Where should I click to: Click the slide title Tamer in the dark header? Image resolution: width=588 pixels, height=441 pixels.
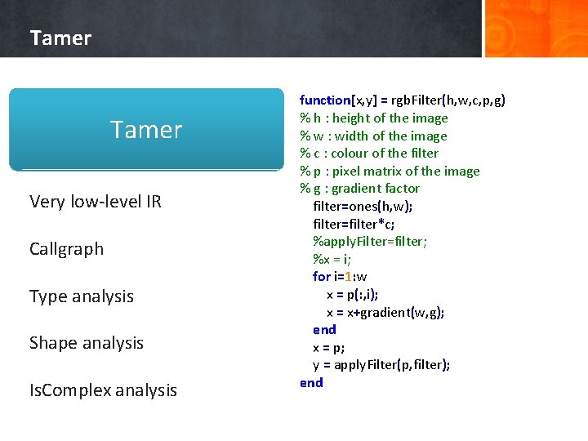(x=60, y=38)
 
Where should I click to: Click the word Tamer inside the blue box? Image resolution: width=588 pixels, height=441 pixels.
(x=146, y=130)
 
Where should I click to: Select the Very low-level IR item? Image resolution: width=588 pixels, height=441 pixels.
(x=95, y=202)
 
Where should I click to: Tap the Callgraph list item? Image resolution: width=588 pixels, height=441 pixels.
(x=66, y=249)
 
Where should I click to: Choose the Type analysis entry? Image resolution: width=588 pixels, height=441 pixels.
(x=81, y=296)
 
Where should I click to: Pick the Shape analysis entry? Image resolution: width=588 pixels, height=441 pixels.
(x=86, y=343)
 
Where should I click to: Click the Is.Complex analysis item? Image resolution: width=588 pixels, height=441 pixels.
(x=103, y=390)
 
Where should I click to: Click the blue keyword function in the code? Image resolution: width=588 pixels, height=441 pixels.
(x=324, y=100)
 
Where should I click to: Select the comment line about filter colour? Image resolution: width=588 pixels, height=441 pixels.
(x=368, y=154)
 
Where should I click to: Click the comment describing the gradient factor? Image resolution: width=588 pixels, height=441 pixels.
(x=359, y=189)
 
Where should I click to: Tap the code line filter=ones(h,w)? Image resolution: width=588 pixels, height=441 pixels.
(x=363, y=207)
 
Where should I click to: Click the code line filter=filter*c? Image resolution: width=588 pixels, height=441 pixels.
(x=354, y=224)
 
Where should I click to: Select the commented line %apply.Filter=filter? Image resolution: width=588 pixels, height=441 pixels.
(x=370, y=242)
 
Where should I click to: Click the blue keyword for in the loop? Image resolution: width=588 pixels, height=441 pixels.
(x=321, y=277)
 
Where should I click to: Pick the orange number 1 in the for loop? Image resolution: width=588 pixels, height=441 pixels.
(x=346, y=277)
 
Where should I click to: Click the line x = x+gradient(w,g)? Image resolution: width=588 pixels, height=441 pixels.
(x=385, y=313)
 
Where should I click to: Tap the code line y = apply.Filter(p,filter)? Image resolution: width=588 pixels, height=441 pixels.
(x=381, y=365)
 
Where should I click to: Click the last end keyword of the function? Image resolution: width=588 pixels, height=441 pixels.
(x=311, y=383)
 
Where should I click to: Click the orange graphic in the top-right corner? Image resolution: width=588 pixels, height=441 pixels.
(x=536, y=29)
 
